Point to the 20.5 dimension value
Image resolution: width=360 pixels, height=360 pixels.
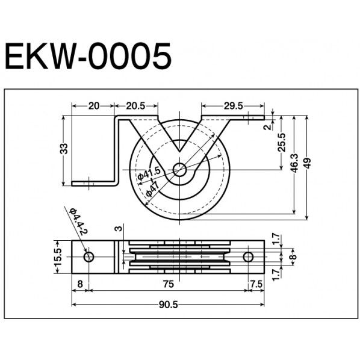(x=135, y=106)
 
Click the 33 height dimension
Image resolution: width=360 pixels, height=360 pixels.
(x=64, y=148)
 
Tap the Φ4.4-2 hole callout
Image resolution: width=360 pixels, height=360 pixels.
(x=78, y=222)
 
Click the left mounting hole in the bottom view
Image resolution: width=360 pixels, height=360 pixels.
(x=89, y=257)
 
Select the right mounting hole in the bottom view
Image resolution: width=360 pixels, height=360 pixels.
(x=248, y=257)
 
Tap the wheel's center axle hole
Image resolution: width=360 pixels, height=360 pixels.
(x=179, y=170)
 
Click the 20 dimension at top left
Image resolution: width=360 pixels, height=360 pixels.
(x=93, y=106)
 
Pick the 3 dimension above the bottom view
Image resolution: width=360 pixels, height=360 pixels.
(x=119, y=229)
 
